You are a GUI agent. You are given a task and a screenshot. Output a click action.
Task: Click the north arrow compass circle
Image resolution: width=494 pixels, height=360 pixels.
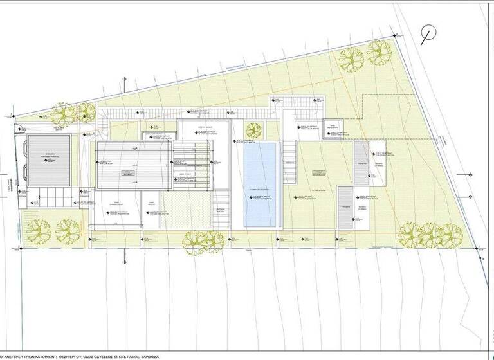coord(428,33)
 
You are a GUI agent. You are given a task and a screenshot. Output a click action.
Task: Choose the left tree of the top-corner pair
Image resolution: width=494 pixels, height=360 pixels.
coord(351,60)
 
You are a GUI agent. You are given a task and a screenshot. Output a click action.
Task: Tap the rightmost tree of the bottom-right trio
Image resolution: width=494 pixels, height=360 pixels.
coord(450,235)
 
